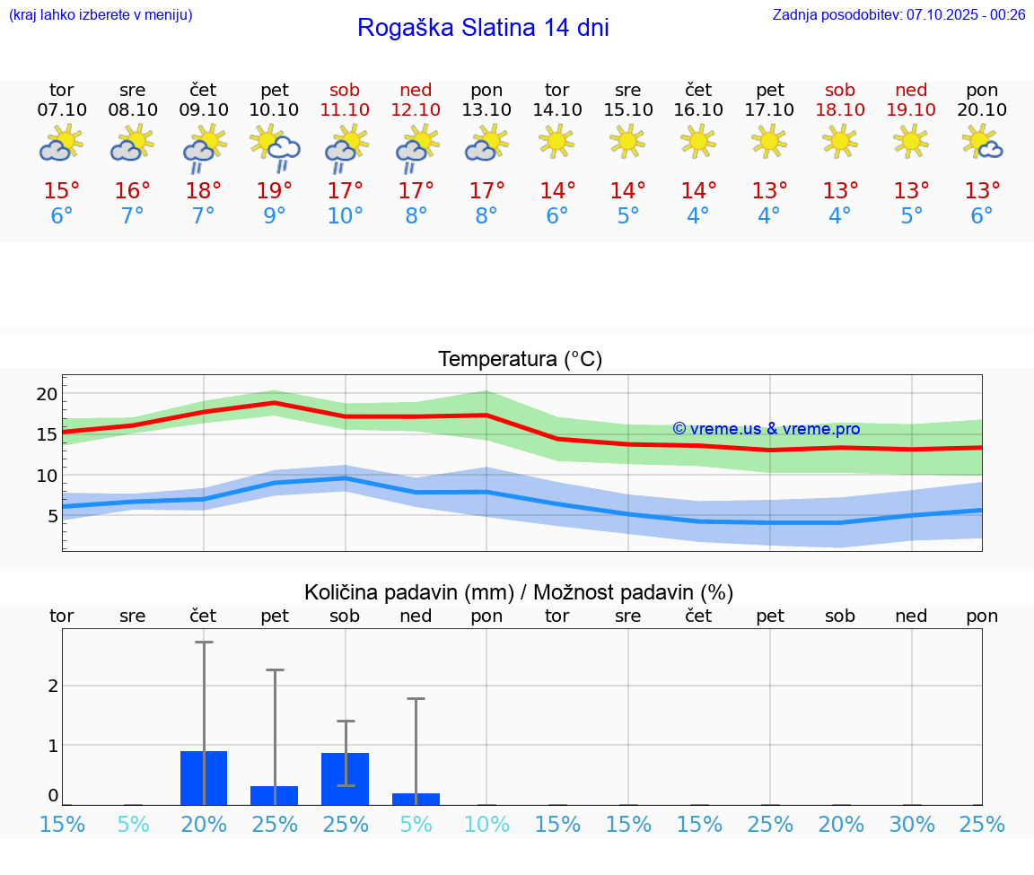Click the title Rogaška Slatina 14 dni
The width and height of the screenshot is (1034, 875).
pyautogui.click(x=483, y=28)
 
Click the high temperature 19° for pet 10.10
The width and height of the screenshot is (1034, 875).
pyautogui.click(x=275, y=191)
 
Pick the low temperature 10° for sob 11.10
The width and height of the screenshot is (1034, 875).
pyautogui.click(x=346, y=216)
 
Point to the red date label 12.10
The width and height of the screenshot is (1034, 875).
pyautogui.click(x=416, y=109)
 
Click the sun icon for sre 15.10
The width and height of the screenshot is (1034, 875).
pyautogui.click(x=627, y=140)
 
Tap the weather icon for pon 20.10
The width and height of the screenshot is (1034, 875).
pyautogui.click(x=982, y=142)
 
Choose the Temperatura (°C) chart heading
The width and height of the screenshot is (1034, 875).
pyautogui.click(x=520, y=360)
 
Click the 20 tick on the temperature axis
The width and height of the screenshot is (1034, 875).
pyautogui.click(x=47, y=394)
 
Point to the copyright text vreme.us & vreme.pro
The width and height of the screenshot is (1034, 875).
pyautogui.click(x=767, y=429)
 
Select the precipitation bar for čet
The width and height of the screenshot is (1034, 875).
pyautogui.click(x=204, y=778)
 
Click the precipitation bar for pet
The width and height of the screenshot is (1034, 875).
pyautogui.click(x=275, y=795)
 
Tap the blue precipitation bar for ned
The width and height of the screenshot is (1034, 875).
pyautogui.click(x=416, y=799)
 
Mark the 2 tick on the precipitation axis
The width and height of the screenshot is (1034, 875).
pyautogui.click(x=53, y=686)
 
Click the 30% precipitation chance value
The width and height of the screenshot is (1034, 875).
pyautogui.click(x=912, y=824)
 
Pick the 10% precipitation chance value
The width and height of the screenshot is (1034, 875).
pyautogui.click(x=486, y=824)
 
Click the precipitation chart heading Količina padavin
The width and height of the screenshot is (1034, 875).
pyautogui.click(x=519, y=592)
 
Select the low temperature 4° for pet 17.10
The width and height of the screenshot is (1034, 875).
pyautogui.click(x=769, y=216)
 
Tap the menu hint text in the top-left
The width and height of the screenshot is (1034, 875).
pyautogui.click(x=101, y=14)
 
